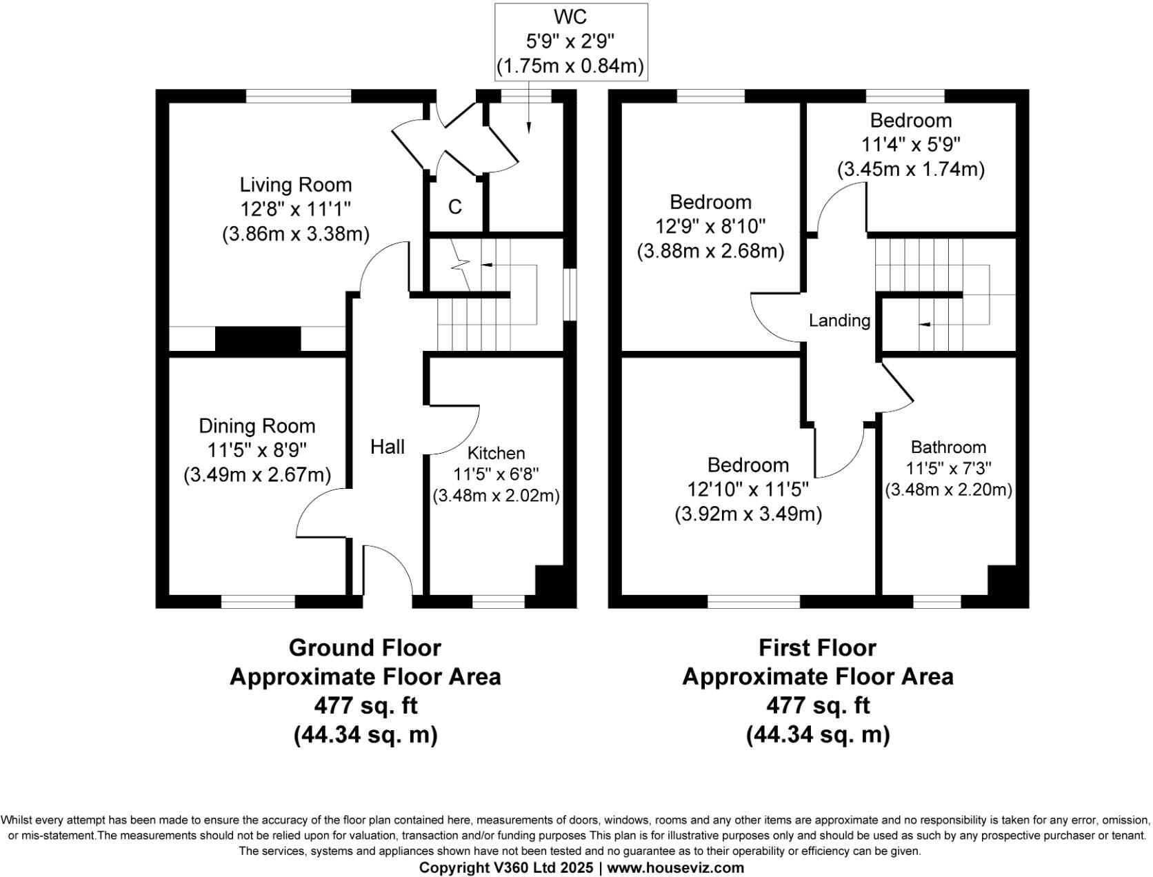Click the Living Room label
296,185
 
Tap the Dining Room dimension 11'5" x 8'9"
257,450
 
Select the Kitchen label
496,453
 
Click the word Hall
388,447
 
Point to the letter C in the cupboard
455,207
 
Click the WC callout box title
570,16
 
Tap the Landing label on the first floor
839,320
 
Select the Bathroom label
948,447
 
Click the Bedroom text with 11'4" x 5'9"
910,120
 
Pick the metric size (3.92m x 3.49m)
748,514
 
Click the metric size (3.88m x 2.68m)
710,251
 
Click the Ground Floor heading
365,647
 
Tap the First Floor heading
817,647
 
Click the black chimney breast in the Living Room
258,339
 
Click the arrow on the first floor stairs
923,323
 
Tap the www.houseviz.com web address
675,867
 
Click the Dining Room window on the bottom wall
258,602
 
